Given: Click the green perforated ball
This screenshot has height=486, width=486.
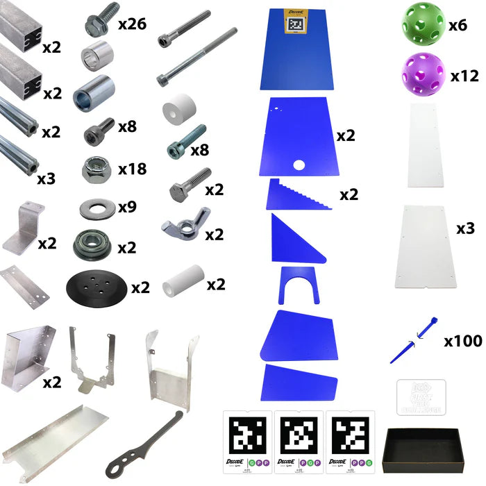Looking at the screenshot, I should click(x=422, y=26).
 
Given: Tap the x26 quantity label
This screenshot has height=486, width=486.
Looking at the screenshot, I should click(x=132, y=25).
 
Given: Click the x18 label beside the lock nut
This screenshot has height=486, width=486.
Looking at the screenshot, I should click(x=132, y=169).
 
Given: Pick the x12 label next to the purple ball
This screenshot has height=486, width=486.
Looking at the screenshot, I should click(x=464, y=76).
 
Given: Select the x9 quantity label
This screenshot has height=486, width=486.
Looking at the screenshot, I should click(x=126, y=206).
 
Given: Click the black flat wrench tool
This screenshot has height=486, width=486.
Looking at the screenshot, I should click(x=143, y=442).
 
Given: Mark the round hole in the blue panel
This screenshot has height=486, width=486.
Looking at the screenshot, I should click(x=299, y=165).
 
